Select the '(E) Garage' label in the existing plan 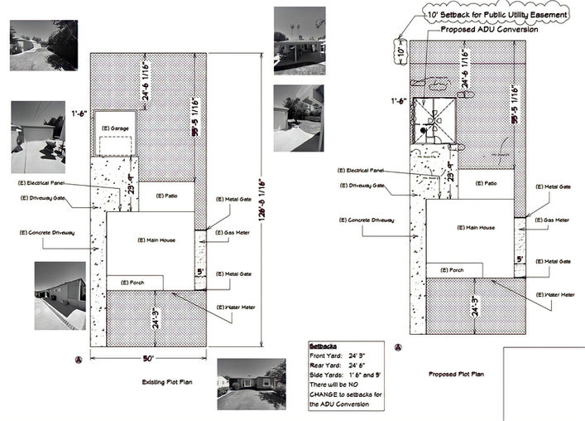114,129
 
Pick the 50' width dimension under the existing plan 147,357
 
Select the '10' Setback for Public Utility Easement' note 497,15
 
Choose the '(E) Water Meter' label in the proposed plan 552,294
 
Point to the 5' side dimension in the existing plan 199,271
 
